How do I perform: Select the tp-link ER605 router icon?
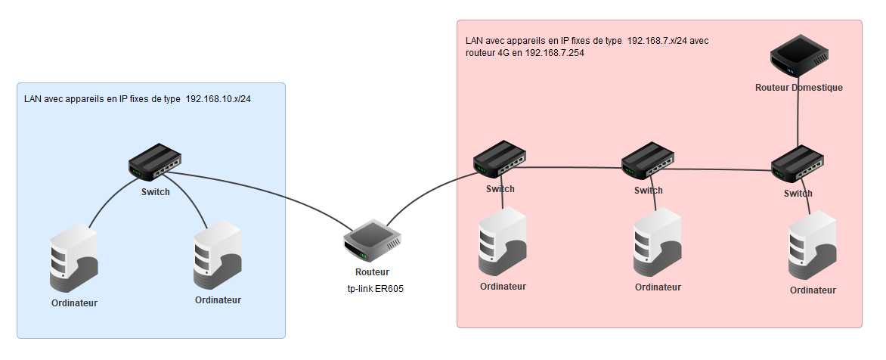pos(371,241)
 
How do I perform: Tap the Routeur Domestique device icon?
pos(798,61)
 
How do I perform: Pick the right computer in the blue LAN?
pos(218,256)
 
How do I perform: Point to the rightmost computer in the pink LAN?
pos(813,246)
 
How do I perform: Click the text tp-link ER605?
pos(370,287)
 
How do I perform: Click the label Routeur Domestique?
pos(798,88)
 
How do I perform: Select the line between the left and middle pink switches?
pos(575,168)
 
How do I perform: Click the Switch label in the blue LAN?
pos(155,191)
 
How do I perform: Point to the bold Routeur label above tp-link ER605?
pos(371,272)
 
